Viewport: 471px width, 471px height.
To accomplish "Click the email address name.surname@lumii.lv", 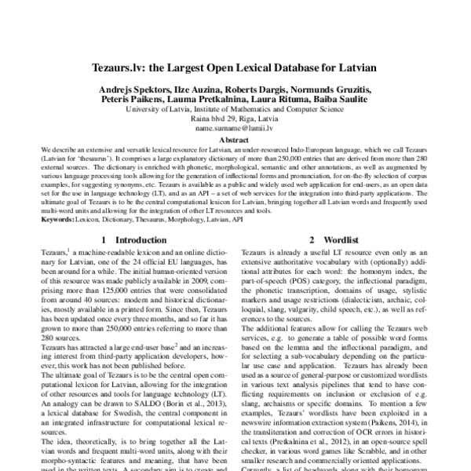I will pos(235,127).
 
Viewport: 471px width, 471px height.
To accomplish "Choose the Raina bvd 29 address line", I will pos(235,119).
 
